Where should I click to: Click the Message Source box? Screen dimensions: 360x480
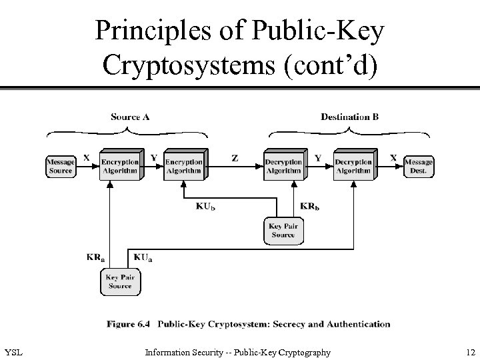click(61, 165)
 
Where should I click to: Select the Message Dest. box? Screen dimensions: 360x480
click(418, 165)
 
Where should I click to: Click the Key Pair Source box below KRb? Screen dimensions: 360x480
click(283, 231)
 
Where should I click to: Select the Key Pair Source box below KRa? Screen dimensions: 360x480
click(120, 281)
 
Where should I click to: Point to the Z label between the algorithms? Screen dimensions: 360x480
click(235, 159)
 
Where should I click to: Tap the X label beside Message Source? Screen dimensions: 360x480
click(87, 158)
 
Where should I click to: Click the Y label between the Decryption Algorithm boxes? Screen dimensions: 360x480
click(318, 158)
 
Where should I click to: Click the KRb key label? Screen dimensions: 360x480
click(310, 207)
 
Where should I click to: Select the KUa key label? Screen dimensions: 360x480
click(143, 257)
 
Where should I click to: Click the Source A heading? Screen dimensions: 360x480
click(130, 117)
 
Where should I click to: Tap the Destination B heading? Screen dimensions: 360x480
click(350, 117)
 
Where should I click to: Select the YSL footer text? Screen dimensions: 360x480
click(13, 352)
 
